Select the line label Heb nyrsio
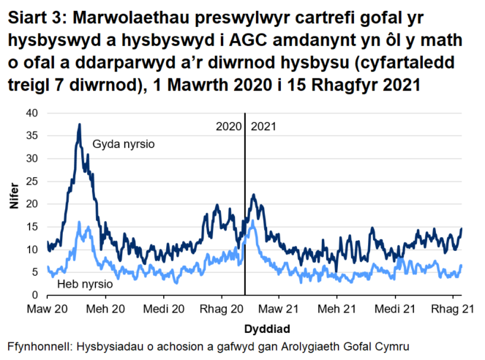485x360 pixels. coord(84,283)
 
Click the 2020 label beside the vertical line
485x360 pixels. coord(229,127)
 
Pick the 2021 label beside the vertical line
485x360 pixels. coord(263,127)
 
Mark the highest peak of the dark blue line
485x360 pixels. coord(79,125)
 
